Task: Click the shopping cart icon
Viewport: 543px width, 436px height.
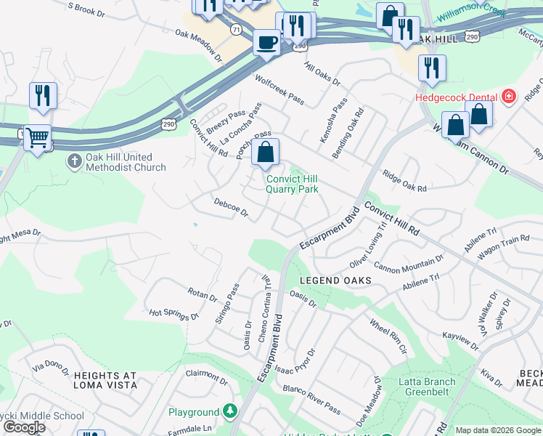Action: tap(37, 137)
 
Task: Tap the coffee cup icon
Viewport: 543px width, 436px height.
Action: tap(266, 42)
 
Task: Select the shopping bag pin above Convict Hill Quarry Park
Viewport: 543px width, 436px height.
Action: tap(266, 153)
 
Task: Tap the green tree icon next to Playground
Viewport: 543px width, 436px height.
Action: tap(230, 412)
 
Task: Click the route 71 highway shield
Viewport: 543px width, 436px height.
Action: tap(235, 29)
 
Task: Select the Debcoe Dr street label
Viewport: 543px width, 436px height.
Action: tap(231, 209)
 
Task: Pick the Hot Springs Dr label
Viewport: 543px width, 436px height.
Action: tap(174, 315)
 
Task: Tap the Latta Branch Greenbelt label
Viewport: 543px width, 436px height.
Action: tap(428, 387)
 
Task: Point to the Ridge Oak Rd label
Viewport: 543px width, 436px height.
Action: tap(404, 182)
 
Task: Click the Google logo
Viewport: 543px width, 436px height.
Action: tap(25, 427)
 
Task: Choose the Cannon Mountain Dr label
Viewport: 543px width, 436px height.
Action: tap(408, 265)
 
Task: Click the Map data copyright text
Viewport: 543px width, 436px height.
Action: tap(497, 430)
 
